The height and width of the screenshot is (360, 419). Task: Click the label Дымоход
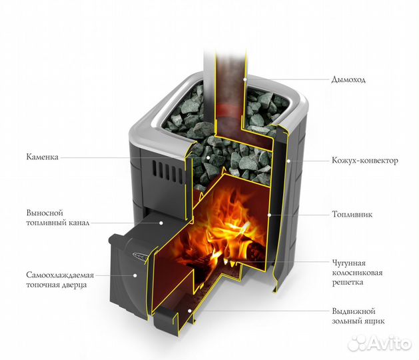click(x=348, y=80)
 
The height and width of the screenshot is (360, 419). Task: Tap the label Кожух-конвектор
click(x=365, y=161)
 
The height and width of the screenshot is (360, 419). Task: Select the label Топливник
click(x=352, y=214)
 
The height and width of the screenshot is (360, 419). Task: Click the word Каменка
click(x=42, y=157)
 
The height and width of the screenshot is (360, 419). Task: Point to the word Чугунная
click(x=348, y=263)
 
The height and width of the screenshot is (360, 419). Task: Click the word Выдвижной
click(x=354, y=311)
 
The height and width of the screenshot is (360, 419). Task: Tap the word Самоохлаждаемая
click(x=60, y=275)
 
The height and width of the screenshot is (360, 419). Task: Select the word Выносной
click(x=45, y=213)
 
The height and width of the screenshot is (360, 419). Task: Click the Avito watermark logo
click(x=380, y=343)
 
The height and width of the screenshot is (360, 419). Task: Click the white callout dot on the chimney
click(x=245, y=79)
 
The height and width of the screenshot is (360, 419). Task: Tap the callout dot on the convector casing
click(x=288, y=161)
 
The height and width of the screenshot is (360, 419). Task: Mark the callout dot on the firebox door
click(x=135, y=275)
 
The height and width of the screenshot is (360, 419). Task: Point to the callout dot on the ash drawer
click(x=190, y=311)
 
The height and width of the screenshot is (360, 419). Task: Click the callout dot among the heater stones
click(x=208, y=157)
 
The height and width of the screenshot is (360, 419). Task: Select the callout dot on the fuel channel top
click(x=161, y=223)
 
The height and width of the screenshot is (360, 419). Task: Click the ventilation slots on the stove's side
click(x=168, y=171)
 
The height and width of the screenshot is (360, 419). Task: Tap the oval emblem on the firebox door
click(x=139, y=256)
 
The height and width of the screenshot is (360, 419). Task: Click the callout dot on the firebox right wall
click(x=269, y=215)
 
